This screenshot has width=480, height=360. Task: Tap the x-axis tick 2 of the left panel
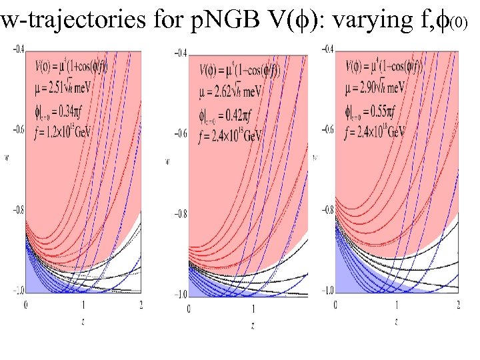click(141, 305)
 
